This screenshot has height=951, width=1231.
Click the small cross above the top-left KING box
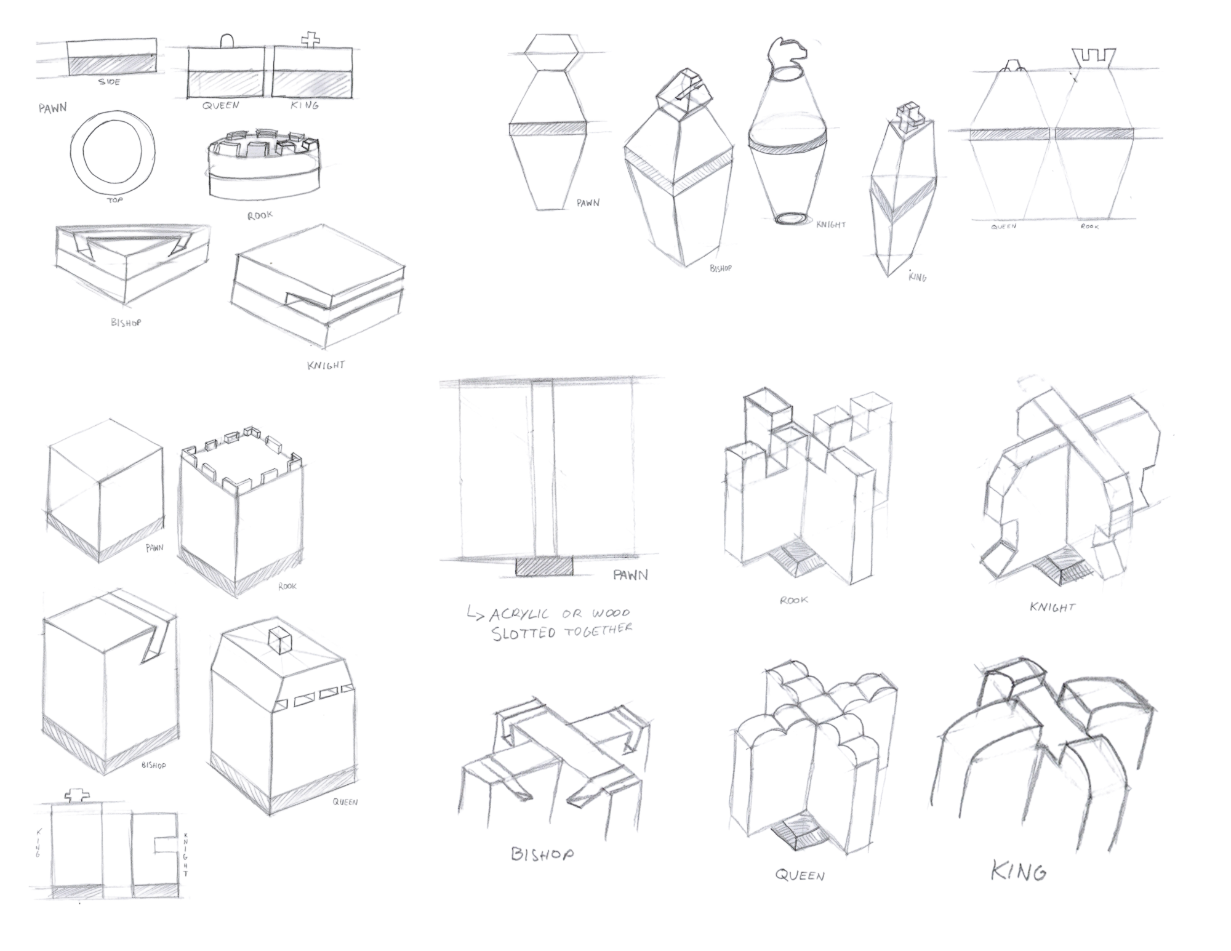click(x=311, y=40)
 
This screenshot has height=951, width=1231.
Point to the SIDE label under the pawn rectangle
click(x=110, y=82)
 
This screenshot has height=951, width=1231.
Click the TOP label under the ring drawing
click(x=115, y=200)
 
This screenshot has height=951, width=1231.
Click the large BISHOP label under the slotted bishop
click(x=543, y=854)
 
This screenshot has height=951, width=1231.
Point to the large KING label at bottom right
click(x=1019, y=872)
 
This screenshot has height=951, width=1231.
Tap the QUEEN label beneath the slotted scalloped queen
click(x=800, y=875)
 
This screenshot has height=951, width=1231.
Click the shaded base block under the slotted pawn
click(x=544, y=566)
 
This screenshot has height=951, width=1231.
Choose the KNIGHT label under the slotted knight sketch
click(x=1053, y=608)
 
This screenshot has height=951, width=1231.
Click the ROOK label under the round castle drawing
click(x=260, y=215)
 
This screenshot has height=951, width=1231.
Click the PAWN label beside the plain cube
click(x=154, y=547)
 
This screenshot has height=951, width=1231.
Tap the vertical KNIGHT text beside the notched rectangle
click(x=186, y=855)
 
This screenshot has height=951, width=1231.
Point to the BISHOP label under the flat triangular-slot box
click(x=126, y=322)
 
